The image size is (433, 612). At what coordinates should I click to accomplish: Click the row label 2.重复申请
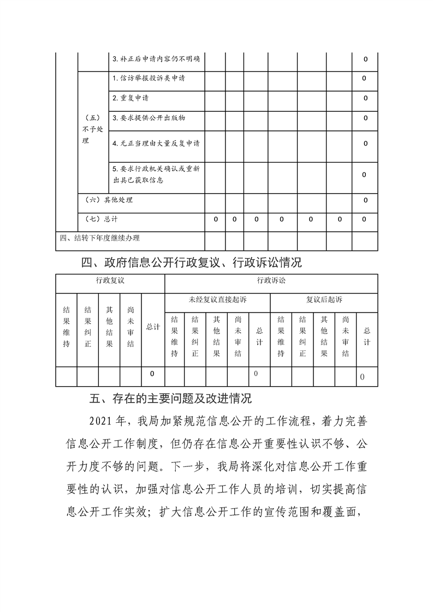coord(130,98)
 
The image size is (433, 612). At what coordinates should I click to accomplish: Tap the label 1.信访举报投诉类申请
coord(149,79)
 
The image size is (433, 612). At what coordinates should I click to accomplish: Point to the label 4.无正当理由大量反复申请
coord(156,143)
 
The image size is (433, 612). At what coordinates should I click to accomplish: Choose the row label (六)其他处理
coord(110,200)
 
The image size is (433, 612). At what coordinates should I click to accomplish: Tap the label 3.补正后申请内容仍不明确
coord(155,59)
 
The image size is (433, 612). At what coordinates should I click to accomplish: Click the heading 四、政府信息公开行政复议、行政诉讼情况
coord(191,263)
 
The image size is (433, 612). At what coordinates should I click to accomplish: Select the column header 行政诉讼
coord(271,281)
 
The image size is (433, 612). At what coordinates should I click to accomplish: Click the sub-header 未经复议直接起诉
coord(217,300)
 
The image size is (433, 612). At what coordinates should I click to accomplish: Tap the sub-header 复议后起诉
coord(324,300)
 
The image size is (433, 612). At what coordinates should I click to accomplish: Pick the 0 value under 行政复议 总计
coord(152,374)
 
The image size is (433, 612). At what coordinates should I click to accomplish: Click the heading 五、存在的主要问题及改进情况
coord(170,399)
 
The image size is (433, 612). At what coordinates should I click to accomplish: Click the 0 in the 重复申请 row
coord(365,98)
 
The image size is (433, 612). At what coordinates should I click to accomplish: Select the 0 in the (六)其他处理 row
coord(365,200)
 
